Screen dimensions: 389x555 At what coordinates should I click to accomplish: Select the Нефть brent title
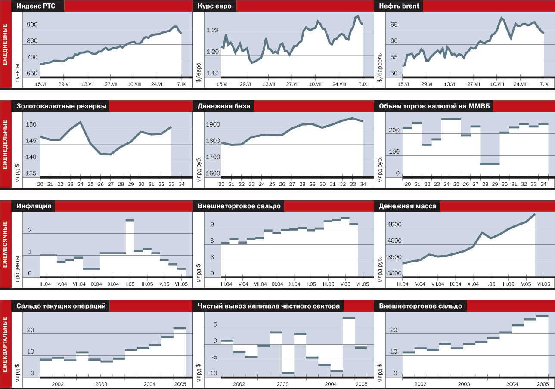399,6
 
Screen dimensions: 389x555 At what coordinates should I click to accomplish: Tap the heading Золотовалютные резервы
61,106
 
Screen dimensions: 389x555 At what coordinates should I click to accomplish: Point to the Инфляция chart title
34,206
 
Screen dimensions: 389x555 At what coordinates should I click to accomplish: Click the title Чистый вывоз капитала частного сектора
269,306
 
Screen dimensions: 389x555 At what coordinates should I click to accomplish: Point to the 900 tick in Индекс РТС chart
32,25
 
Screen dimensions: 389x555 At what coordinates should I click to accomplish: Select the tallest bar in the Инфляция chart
130,220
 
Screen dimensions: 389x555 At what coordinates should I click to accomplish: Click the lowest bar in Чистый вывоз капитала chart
288,373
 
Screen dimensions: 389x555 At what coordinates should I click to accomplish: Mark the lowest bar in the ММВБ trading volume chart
490,164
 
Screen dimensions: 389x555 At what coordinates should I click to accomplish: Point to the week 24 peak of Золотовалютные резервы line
80,122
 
